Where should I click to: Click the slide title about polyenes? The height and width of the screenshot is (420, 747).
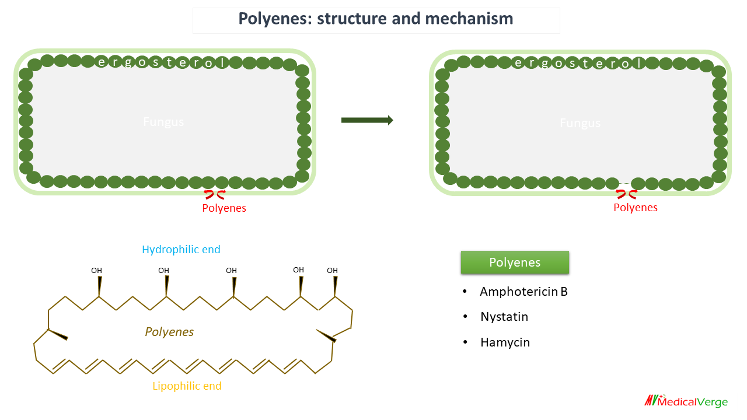coord(376,19)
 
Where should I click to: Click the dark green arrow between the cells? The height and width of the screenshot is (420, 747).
coord(366,120)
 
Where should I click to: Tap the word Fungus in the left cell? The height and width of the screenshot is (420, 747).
coord(163,122)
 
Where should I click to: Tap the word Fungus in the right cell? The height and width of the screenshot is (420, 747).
coord(580,123)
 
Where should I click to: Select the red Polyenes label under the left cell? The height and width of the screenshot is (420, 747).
coord(224,208)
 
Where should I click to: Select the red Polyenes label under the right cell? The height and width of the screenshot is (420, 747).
coord(636,208)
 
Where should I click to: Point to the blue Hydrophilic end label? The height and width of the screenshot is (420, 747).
coord(181,250)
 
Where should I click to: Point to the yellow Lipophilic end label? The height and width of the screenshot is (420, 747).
coord(187,386)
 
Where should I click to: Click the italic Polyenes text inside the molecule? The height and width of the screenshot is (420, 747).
coord(169,332)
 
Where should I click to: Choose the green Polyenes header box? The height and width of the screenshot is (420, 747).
coord(515,262)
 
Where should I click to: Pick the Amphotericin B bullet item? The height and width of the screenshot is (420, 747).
coord(523,292)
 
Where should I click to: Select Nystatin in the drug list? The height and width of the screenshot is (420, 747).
coord(504,317)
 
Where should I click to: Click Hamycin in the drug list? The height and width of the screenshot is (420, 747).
coord(505,342)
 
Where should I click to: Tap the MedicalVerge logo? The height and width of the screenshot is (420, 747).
coord(686,401)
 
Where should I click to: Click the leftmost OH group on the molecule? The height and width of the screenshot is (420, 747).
coord(97,271)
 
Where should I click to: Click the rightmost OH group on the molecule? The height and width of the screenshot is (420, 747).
coord(332,271)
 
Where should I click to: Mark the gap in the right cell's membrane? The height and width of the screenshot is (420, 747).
coord(625,184)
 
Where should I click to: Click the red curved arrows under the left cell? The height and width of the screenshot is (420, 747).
coord(214,195)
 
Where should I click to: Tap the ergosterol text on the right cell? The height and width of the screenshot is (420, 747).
coord(572,63)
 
